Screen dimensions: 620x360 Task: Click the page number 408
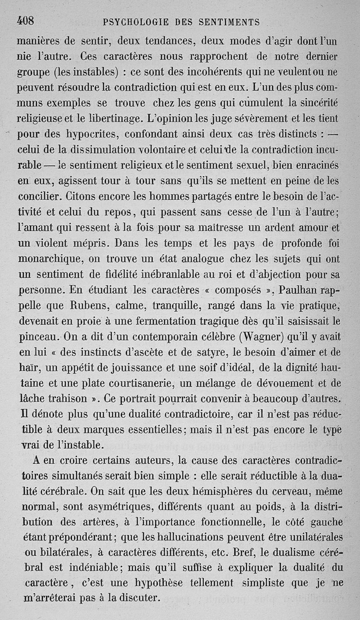coord(26,21)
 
